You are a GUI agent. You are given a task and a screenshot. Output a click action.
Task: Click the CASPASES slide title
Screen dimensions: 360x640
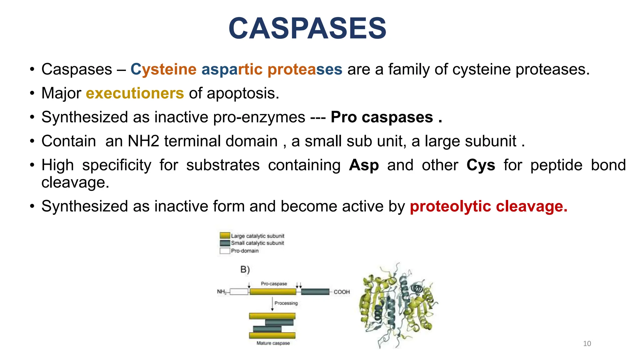(307, 28)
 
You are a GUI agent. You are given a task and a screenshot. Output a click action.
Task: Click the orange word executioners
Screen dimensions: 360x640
(135, 93)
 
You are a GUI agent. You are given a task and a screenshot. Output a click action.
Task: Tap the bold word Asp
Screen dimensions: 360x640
(364, 165)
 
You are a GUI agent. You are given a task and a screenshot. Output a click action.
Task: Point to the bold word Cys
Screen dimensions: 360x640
(481, 165)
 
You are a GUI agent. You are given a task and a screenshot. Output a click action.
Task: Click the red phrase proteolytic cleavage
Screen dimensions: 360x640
(488, 206)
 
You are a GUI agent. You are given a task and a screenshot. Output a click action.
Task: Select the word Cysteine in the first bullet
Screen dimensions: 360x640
(163, 69)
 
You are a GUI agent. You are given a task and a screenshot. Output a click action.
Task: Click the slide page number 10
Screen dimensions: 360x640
(587, 344)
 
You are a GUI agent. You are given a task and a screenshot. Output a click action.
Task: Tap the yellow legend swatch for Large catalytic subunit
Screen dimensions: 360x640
(225, 236)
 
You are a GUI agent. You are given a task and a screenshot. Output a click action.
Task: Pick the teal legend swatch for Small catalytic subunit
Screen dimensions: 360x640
(225, 243)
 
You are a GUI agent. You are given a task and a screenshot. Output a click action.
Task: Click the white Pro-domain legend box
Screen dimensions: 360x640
(225, 251)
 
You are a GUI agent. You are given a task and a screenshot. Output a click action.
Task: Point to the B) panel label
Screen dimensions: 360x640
(245, 269)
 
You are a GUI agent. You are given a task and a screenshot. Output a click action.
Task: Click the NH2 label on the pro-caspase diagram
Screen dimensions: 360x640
(222, 292)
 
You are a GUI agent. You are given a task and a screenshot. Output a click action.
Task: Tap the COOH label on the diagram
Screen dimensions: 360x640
(342, 292)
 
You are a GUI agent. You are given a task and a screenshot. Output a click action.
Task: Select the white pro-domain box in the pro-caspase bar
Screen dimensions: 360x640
(239, 292)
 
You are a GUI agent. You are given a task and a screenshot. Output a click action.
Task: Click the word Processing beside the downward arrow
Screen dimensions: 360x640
(286, 303)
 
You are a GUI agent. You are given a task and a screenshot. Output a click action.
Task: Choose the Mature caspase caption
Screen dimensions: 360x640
(273, 343)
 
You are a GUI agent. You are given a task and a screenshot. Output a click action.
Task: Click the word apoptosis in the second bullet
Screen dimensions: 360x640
(242, 93)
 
